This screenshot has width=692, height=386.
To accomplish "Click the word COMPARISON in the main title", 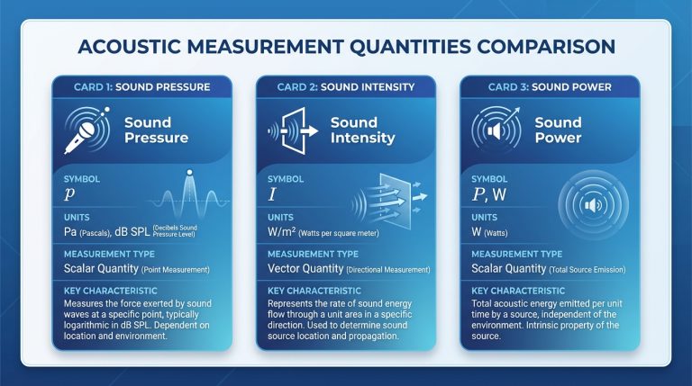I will pos(526,46).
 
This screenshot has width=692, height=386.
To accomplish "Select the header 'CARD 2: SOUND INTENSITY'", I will pos(346,86).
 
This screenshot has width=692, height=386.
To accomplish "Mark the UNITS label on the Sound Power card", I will pos(484,217).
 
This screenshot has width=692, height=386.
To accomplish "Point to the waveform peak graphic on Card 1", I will pos(190,193).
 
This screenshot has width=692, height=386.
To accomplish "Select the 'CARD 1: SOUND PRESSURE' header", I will pos(141,86).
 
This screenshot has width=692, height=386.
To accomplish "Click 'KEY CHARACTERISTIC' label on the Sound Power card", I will pos(518,292).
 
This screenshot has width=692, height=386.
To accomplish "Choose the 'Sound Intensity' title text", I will pos(362,130).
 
